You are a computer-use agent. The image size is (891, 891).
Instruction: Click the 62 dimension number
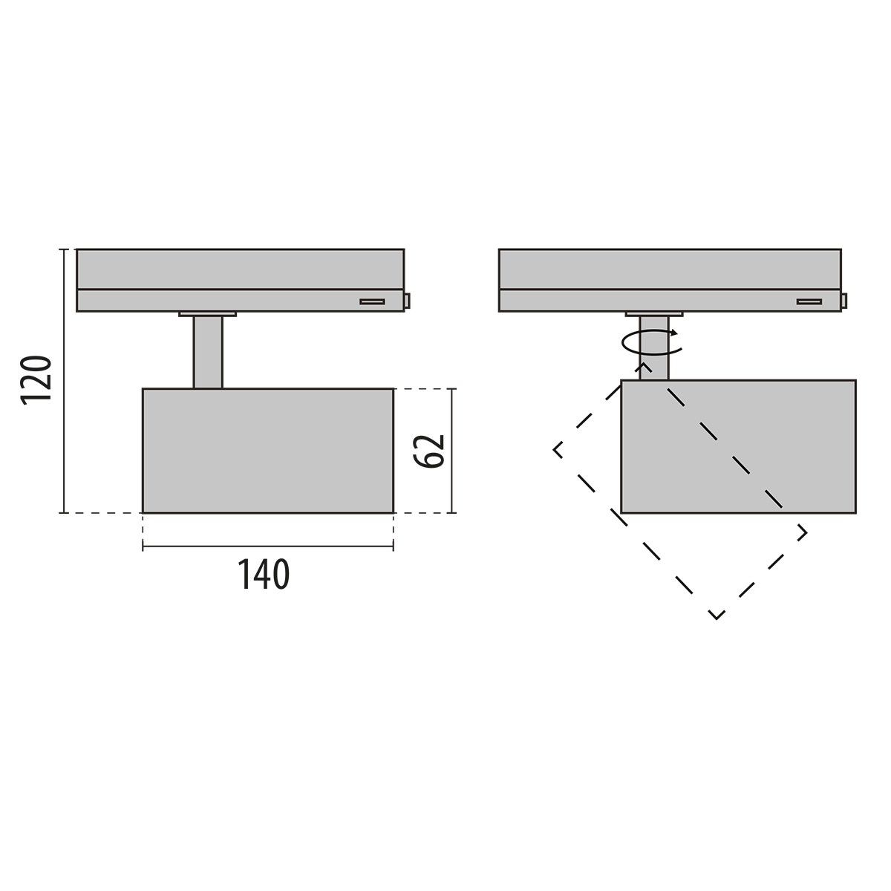click(x=430, y=449)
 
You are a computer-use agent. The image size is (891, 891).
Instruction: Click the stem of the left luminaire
click(x=208, y=351)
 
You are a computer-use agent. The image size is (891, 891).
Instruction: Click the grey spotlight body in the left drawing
click(x=267, y=450)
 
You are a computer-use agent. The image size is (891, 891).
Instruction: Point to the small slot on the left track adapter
click(x=372, y=301)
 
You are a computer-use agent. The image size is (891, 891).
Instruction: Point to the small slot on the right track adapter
click(x=809, y=301)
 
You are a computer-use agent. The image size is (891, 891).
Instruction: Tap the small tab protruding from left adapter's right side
click(x=408, y=301)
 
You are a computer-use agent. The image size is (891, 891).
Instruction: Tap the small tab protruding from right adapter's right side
click(x=844, y=301)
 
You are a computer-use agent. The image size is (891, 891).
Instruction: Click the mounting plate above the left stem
click(x=207, y=314)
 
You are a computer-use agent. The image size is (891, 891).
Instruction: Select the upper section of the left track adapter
click(x=241, y=268)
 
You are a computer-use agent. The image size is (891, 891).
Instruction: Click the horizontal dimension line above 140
click(x=267, y=548)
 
